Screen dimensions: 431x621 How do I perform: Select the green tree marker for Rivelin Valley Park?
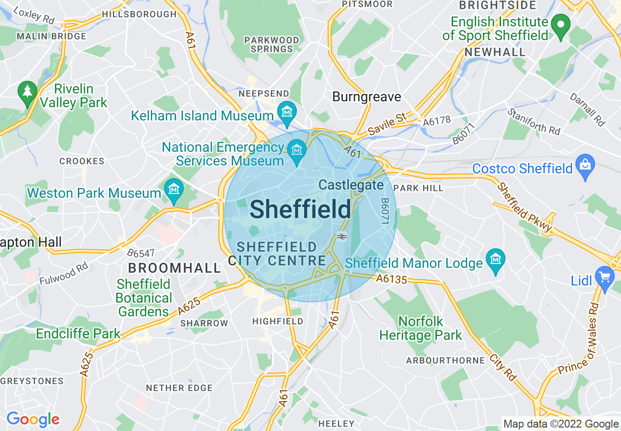[x=27, y=91]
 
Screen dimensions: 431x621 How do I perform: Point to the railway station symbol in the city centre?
[x=342, y=237]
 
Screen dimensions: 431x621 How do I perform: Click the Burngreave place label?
[x=366, y=97]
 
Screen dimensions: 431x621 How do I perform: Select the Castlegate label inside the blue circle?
[x=351, y=185]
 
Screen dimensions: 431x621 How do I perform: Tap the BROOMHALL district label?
[x=175, y=268]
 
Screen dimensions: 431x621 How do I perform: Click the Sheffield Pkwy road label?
[x=525, y=208]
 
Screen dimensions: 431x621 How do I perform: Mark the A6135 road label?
[x=392, y=279]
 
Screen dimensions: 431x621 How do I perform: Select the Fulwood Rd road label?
[x=64, y=274]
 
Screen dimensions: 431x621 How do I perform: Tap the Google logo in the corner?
[x=33, y=419]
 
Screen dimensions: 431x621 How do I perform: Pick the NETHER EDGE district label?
[x=179, y=388]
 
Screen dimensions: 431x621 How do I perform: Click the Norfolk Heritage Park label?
[x=421, y=329]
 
